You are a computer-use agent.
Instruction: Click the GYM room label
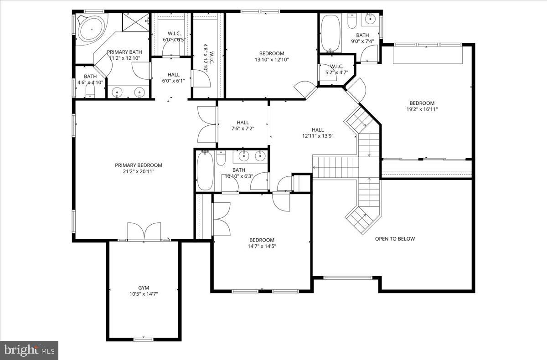click(144, 288)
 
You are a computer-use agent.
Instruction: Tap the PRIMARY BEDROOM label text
click(139, 165)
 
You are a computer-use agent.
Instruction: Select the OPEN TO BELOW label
click(395, 239)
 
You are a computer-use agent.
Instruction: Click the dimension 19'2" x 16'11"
click(422, 109)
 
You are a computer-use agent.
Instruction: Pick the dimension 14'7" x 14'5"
click(262, 247)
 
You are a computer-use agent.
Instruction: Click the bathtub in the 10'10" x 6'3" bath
click(205, 172)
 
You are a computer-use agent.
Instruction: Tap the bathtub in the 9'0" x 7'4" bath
click(330, 32)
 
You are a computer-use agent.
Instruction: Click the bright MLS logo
click(29, 350)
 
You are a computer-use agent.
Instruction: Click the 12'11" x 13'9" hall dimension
click(317, 136)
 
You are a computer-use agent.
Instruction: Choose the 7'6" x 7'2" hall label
click(243, 122)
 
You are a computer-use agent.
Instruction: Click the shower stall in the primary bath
click(135, 22)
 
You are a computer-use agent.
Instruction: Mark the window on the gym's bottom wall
click(143, 339)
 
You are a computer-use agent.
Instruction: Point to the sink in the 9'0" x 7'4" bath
click(369, 19)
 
